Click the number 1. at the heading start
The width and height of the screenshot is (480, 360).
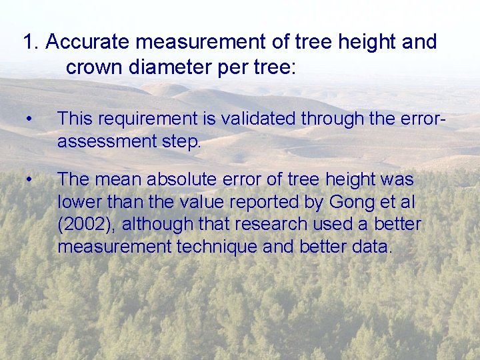(31, 42)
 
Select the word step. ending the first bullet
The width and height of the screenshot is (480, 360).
(180, 142)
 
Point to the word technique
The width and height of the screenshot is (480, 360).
(219, 247)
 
